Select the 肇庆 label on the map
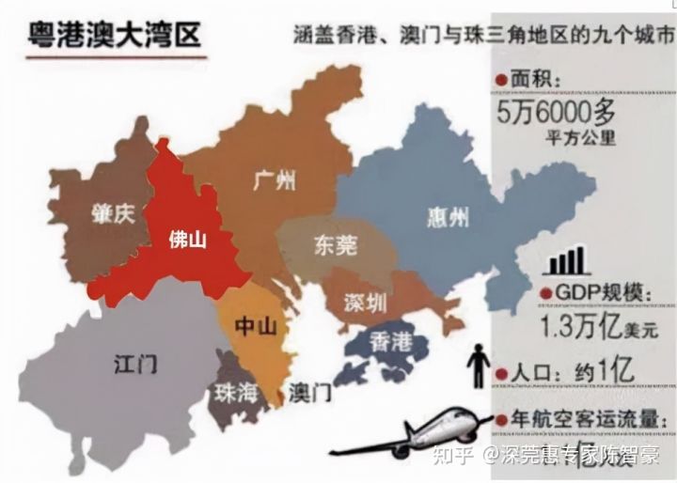(x=114, y=213)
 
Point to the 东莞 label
(x=333, y=246)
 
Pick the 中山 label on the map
(x=255, y=326)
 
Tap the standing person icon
(x=480, y=366)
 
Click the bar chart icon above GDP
(x=567, y=259)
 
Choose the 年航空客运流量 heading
(x=593, y=420)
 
